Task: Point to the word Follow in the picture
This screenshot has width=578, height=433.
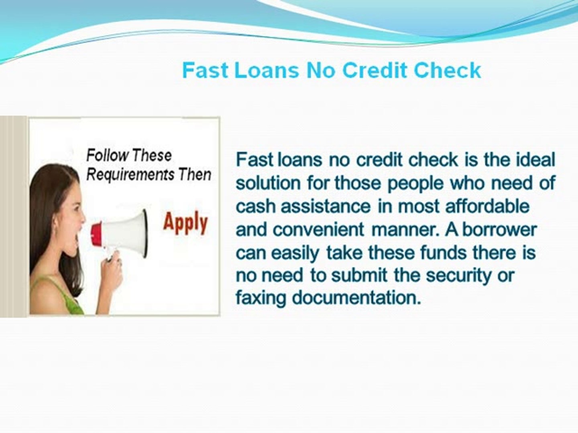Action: tap(107, 155)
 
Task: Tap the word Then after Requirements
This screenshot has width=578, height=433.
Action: tap(195, 174)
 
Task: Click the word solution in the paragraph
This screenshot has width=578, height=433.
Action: tap(268, 183)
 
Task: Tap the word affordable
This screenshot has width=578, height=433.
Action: tap(487, 206)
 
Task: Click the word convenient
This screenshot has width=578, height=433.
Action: tap(318, 230)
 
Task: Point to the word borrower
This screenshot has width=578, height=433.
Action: tap(499, 229)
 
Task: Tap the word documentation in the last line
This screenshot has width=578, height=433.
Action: tap(356, 298)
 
